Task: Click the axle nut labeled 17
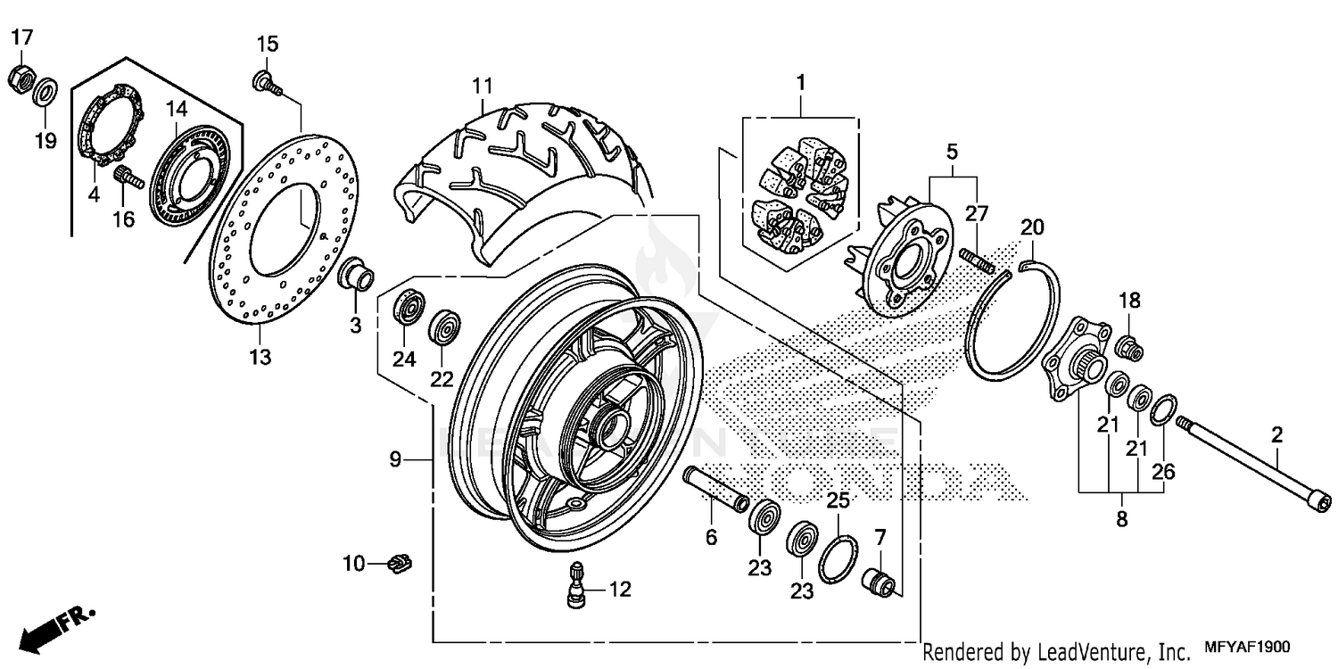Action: pos(21,78)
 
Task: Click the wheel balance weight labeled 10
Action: pos(401,563)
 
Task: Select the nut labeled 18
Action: pos(1130,346)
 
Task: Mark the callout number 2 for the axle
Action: pos(1276,435)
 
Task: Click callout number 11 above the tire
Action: pos(482,87)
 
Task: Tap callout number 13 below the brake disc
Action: pos(260,358)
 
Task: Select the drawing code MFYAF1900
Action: pos(1249,648)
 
